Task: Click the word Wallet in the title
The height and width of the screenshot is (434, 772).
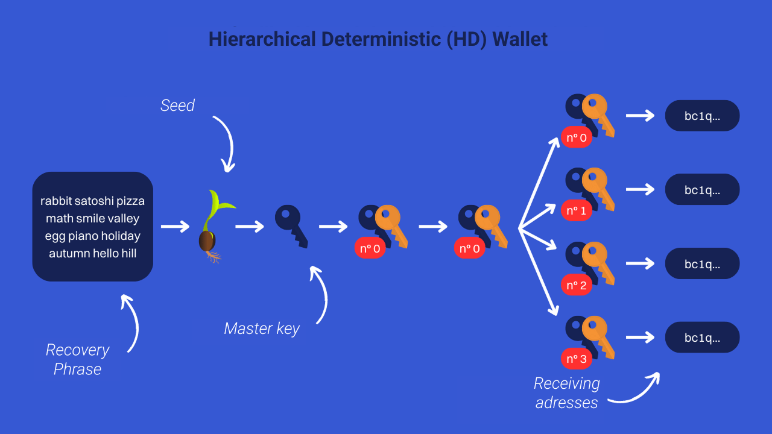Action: pos(520,39)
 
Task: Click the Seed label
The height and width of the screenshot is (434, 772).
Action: pos(177,105)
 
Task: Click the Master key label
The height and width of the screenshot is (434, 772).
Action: pos(262,329)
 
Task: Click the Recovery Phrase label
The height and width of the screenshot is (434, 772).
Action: pos(77,359)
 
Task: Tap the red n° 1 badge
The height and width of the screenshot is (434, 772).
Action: pos(576,211)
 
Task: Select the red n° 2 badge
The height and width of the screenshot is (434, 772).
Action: pos(576,285)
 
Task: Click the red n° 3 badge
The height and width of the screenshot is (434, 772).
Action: pos(576,359)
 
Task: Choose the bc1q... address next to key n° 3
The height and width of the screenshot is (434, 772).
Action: pos(702,338)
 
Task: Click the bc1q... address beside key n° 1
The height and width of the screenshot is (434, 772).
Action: pos(702,190)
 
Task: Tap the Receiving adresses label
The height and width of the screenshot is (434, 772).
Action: pos(566,393)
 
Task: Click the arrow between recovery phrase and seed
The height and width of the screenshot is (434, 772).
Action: pos(175,226)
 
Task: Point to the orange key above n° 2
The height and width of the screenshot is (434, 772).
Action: pos(598,259)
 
